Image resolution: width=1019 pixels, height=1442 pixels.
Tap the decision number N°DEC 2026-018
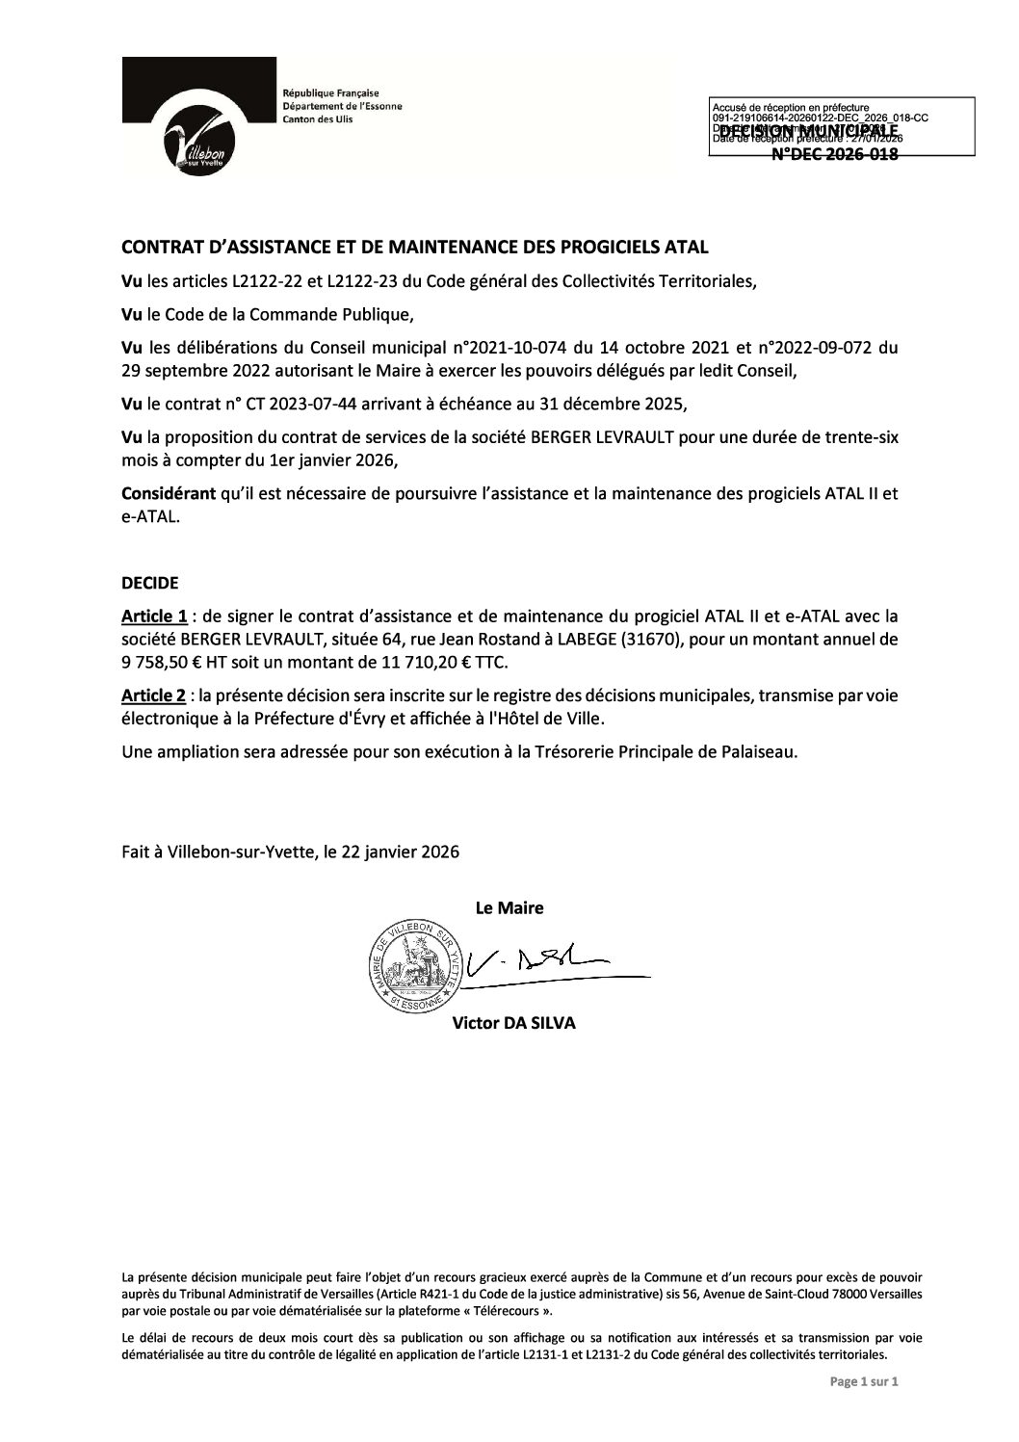836,154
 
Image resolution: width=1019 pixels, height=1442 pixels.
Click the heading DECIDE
149,584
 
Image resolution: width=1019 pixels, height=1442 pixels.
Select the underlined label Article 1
154,616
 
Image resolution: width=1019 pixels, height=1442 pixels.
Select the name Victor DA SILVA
513,1024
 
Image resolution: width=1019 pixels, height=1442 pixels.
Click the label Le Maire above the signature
509,907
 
